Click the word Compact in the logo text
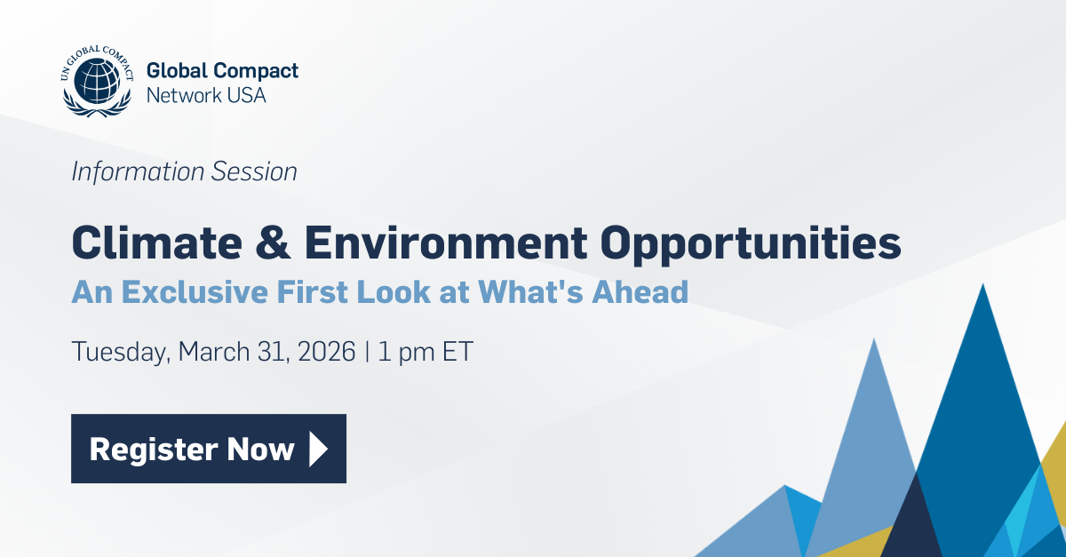[x=259, y=72]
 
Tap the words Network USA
[x=205, y=95]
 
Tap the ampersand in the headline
[x=231, y=243]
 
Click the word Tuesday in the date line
[x=119, y=352]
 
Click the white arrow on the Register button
[x=317, y=449]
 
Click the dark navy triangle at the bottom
[x=911, y=524]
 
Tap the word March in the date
[x=213, y=351]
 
